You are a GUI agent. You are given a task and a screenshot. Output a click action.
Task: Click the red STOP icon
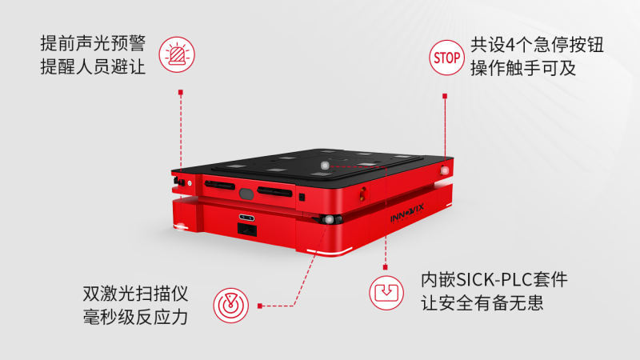[x=446, y=58]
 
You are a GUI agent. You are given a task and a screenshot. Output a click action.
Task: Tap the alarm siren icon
[x=177, y=54]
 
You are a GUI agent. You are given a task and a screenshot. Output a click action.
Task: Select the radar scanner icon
[x=230, y=306]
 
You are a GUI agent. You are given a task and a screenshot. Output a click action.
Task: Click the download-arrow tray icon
[x=386, y=293]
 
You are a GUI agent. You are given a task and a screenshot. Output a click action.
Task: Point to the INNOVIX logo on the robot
[x=407, y=214]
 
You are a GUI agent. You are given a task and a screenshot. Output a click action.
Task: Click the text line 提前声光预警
[x=93, y=43]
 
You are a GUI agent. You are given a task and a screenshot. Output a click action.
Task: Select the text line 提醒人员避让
[x=93, y=66]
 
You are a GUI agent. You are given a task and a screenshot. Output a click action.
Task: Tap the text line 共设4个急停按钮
[x=537, y=45]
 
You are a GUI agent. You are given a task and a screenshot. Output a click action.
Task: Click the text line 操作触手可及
[x=523, y=68]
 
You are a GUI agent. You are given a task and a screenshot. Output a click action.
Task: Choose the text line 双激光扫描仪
[x=135, y=294]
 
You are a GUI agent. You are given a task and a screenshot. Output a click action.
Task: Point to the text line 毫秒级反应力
[x=135, y=317]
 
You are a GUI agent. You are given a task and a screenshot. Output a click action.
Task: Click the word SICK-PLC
[x=494, y=280]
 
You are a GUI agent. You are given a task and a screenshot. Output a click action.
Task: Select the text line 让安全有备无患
[x=482, y=303]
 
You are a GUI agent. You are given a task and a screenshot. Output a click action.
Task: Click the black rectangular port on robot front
[x=247, y=230]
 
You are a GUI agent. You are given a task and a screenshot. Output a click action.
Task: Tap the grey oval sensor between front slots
[x=246, y=194]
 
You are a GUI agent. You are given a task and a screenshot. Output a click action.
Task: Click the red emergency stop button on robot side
[x=363, y=193]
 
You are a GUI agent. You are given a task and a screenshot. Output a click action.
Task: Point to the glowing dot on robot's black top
[x=325, y=166]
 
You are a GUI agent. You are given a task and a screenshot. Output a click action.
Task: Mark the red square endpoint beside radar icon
[x=259, y=306]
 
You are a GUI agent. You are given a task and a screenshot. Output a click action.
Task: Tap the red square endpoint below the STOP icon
[x=445, y=96]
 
